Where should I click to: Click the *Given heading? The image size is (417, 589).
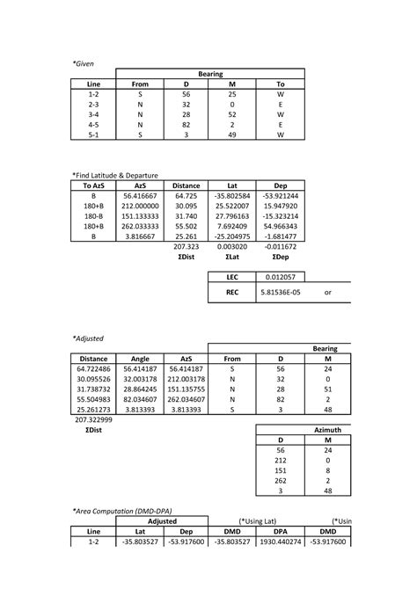point(83,64)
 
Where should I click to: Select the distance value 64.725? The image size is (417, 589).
point(186,195)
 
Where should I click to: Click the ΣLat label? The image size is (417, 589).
point(233,258)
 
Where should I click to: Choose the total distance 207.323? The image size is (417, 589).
point(186,248)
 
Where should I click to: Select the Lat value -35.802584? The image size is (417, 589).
point(233,195)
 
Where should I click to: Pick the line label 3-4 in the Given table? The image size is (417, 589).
point(94,114)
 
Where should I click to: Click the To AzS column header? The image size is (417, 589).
point(94,185)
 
